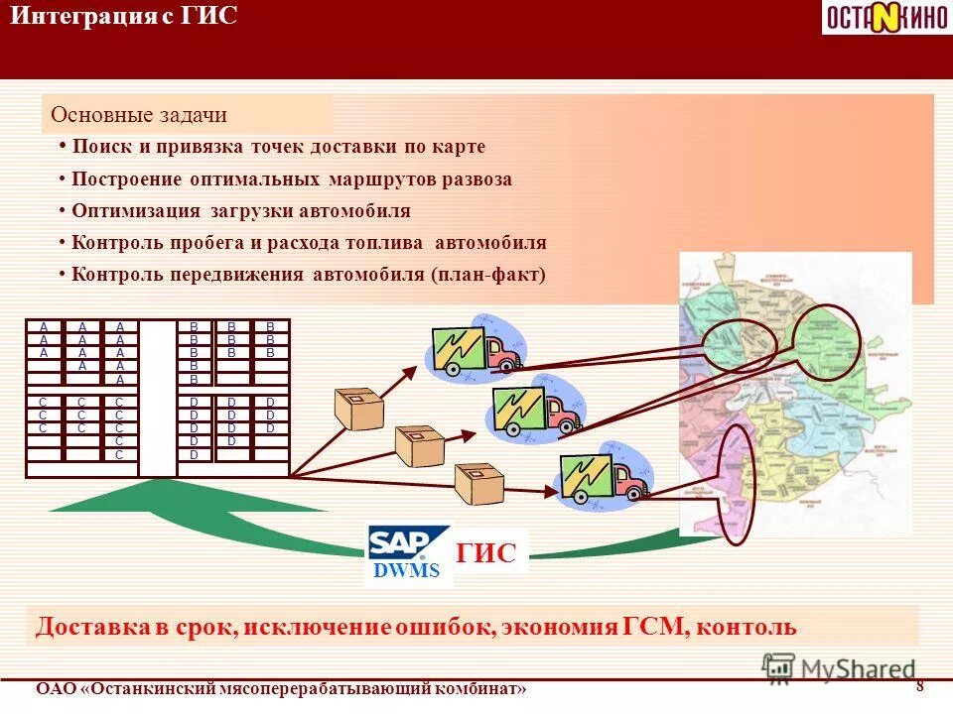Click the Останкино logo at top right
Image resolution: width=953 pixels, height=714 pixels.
pyautogui.click(x=885, y=17)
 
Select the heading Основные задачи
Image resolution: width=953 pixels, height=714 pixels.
pyautogui.click(x=139, y=115)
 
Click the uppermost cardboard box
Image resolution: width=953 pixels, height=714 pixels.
pyautogui.click(x=358, y=408)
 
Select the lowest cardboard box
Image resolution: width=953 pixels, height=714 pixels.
pyautogui.click(x=478, y=484)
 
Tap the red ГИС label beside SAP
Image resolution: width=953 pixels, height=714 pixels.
pyautogui.click(x=486, y=554)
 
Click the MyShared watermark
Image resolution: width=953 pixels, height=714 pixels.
pyautogui.click(x=840, y=668)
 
